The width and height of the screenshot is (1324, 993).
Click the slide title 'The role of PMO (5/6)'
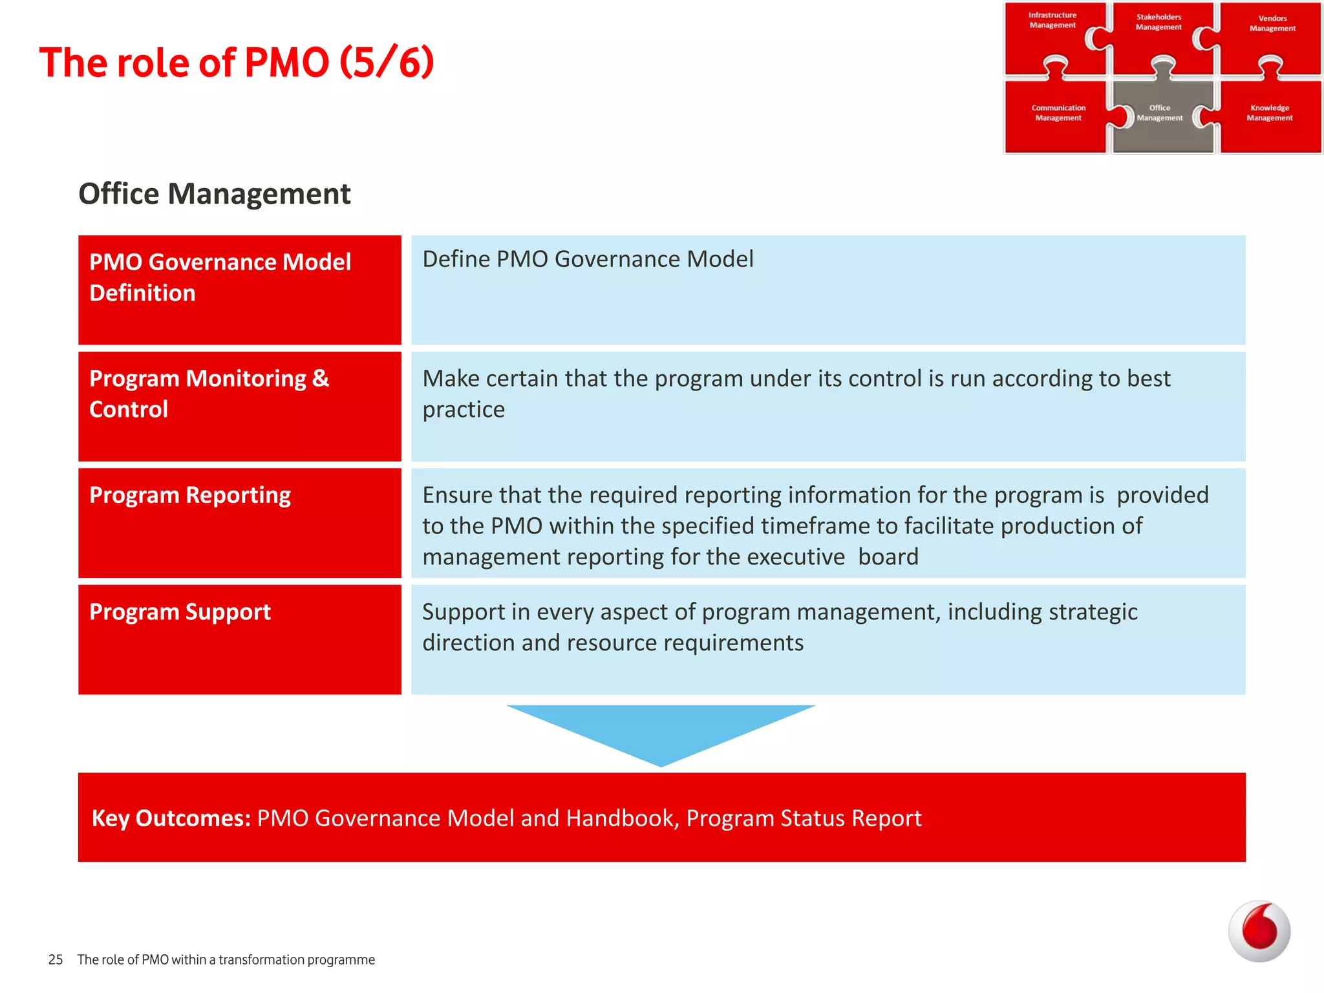(x=237, y=63)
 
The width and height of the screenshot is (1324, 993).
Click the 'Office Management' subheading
(x=214, y=194)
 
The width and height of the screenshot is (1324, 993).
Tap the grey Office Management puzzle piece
(x=1161, y=116)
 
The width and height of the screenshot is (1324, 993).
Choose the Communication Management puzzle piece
(x=1058, y=116)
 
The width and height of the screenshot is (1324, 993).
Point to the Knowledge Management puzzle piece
(x=1270, y=116)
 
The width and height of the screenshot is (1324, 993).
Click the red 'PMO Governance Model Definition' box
(x=239, y=290)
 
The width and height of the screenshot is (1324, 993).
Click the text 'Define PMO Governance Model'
(x=588, y=259)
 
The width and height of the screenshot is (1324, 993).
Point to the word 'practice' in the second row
(x=464, y=410)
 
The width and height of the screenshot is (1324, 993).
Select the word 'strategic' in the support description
(x=1093, y=612)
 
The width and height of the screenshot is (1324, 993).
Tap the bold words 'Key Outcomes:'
(x=171, y=818)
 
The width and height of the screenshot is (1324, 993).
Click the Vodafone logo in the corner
(x=1259, y=931)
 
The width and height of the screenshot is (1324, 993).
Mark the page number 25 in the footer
(x=56, y=960)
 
